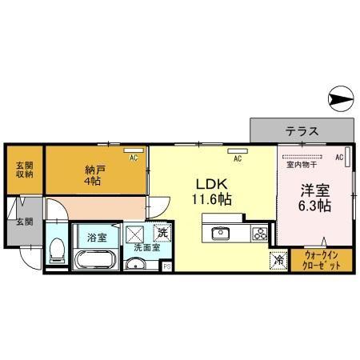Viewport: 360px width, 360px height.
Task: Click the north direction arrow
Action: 340,99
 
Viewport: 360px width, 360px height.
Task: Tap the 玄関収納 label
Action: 24,170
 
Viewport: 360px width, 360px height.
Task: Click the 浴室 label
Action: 96,236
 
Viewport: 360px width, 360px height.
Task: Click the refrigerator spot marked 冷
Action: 279,259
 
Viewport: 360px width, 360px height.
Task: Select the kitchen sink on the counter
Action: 220,234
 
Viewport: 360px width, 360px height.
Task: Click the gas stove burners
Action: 259,234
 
